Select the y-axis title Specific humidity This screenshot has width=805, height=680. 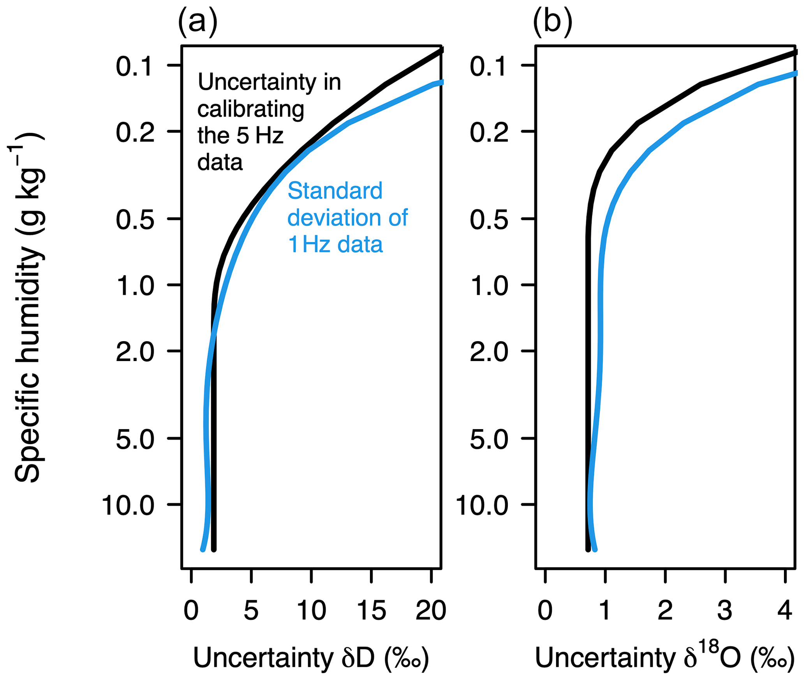coord(27,308)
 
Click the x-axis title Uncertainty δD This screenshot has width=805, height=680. coord(311,658)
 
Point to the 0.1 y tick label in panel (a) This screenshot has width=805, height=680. coord(134,66)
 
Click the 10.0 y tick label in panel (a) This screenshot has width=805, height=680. coord(128,506)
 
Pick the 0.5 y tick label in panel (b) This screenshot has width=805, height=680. coord(489,220)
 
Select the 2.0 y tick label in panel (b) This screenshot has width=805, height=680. coord(489,352)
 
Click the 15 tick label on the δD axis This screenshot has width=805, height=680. coord(371,610)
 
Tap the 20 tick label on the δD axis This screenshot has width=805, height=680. coord(431,610)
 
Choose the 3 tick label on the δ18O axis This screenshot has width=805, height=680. coord(725,610)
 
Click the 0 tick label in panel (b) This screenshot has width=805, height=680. coord(545,610)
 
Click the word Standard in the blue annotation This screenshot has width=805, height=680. coord(335,191)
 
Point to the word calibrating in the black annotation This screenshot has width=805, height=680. coord(251,109)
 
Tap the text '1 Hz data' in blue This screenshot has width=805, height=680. coord(335,245)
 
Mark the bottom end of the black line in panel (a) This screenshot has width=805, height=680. coord(213,549)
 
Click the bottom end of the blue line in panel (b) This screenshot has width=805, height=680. coord(594,549)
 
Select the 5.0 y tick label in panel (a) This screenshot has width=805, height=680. coord(135,440)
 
